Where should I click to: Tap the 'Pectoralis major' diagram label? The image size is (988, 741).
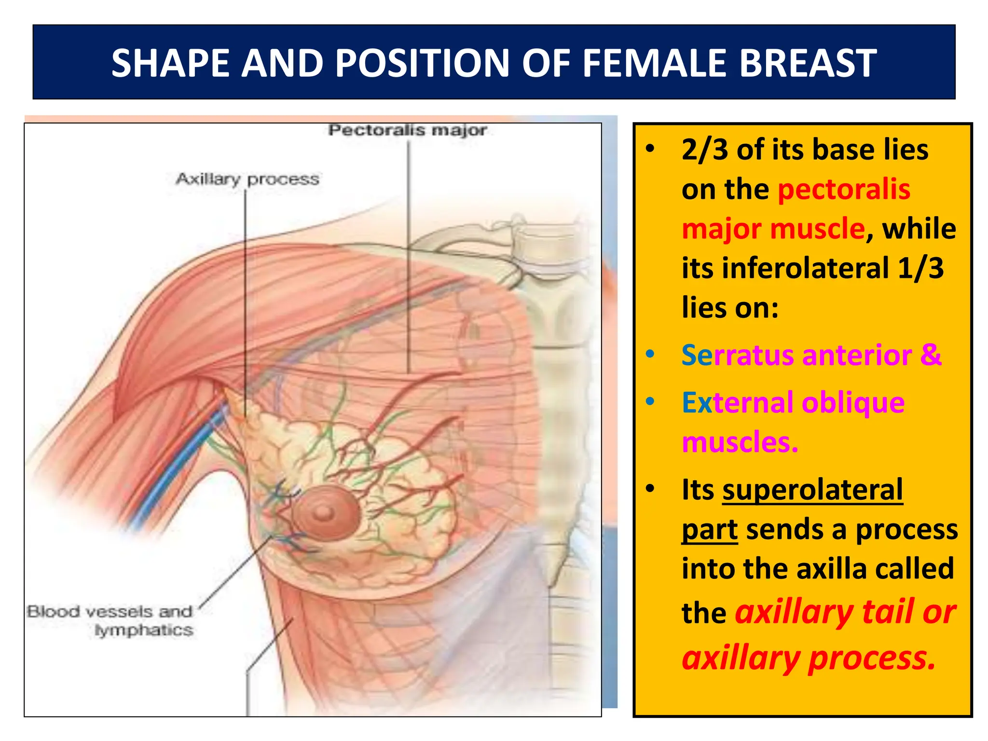pos(408,130)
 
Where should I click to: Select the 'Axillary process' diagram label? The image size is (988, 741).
pos(247,179)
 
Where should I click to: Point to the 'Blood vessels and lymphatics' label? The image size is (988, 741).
pos(110,620)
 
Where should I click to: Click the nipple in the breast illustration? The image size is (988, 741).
pos(324,513)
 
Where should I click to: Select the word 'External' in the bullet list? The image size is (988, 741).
pos(737,403)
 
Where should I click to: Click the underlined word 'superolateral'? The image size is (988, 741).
pos(812,490)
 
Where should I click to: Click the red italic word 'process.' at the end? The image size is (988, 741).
pos(872,658)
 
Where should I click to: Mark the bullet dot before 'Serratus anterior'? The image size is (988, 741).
pos(650,355)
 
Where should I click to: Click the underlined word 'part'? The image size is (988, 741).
pos(709,530)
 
